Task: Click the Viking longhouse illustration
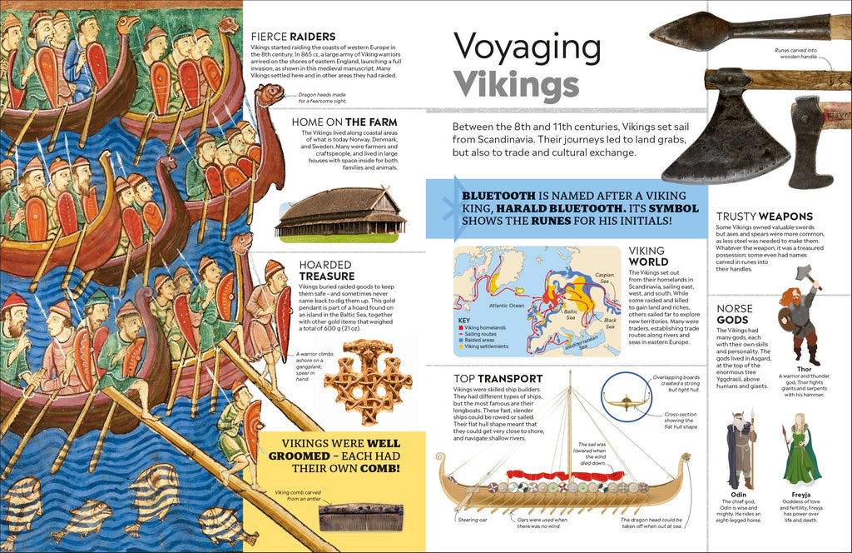340,214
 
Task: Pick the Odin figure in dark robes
739,449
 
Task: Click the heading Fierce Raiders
294,37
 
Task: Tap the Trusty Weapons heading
764,216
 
